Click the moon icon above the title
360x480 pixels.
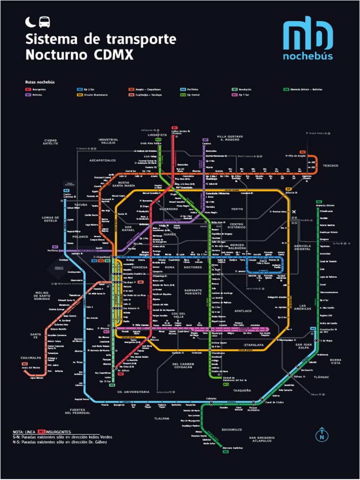pos(30,22)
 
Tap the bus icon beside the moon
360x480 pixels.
pos(44,22)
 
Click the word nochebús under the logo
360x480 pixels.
pos(307,56)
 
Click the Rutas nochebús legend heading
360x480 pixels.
pos(40,82)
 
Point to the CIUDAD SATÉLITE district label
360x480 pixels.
pos(51,142)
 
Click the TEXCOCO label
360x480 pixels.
pos(330,165)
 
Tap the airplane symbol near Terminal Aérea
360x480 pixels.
pos(294,212)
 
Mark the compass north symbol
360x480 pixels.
pos(322,434)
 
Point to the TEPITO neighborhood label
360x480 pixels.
pos(237,209)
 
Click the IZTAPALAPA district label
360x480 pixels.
pos(253,345)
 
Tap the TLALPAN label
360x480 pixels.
pos(162,418)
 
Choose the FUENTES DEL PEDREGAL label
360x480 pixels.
pos(77,411)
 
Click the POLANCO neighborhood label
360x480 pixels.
pos(80,237)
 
